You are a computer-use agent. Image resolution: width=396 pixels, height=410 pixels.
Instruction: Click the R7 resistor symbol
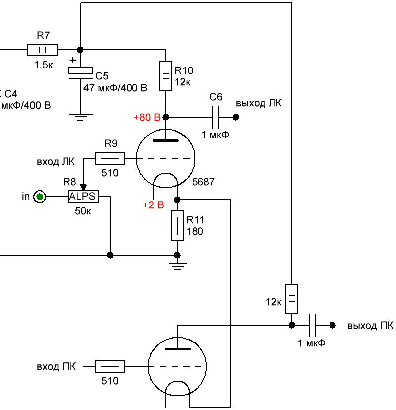point(42,50)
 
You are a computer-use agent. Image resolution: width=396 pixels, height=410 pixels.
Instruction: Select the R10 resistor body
point(166,76)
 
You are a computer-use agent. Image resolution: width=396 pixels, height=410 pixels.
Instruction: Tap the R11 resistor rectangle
point(177,225)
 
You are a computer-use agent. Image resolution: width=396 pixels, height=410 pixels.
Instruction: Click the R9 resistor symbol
point(110,158)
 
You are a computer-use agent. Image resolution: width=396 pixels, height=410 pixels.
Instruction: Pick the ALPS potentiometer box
point(84,196)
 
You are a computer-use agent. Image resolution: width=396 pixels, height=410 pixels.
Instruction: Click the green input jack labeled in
point(40,197)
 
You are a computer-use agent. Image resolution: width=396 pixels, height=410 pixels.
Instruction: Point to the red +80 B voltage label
point(147,117)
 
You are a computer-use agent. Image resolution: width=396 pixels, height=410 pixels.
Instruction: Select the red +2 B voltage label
point(153,205)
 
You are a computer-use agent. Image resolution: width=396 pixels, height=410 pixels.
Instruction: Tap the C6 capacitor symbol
point(215,117)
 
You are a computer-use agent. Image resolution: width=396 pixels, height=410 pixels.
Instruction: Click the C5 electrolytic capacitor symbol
point(80,73)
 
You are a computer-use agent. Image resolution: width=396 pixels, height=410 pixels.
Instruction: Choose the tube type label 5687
point(203,182)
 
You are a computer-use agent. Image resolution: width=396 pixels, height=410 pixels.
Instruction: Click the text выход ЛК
point(259,103)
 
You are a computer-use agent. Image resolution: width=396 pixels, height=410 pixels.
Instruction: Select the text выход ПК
point(370,326)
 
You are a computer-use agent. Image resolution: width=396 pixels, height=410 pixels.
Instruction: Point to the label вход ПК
point(57,367)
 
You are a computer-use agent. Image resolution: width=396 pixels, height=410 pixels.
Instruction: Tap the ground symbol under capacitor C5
point(80,117)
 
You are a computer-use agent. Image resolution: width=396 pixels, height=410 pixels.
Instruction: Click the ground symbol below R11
point(177,266)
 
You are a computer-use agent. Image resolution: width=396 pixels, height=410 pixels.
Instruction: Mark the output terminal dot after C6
point(236,117)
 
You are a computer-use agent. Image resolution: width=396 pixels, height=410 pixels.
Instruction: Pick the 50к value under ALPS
point(83,211)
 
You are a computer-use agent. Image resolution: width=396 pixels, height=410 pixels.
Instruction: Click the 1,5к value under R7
point(43,65)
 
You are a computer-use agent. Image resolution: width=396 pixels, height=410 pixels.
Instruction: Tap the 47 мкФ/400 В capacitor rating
point(115,88)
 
